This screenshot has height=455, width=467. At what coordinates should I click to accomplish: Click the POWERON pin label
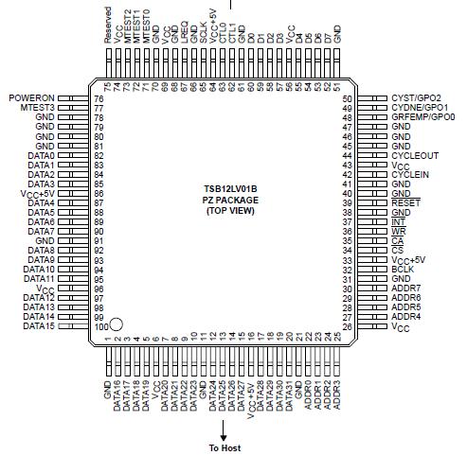(33, 98)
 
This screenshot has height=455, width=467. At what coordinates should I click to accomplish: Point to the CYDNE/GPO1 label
(420, 108)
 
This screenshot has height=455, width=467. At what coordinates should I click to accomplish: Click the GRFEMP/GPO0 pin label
(423, 117)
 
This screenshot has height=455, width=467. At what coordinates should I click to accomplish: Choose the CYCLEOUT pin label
(414, 155)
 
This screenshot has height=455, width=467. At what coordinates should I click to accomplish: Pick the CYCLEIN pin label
(410, 174)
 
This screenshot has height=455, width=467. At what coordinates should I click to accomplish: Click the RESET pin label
(404, 202)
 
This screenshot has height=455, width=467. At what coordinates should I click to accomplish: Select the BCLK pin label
(403, 269)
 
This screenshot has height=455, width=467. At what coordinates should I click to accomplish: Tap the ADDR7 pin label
(405, 288)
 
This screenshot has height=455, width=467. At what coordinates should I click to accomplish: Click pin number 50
(348, 98)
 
